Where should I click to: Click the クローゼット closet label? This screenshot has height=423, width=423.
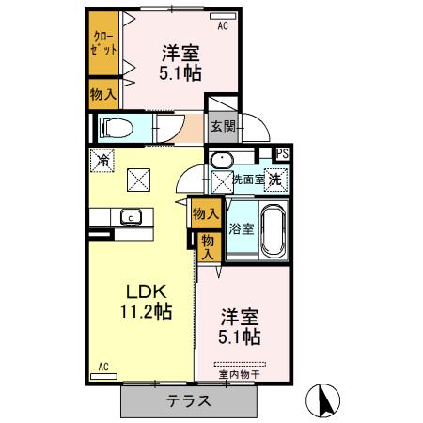tap(102, 44)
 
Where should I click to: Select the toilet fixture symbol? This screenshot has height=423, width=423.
tap(115, 127)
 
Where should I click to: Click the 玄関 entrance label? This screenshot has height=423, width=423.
tap(222, 125)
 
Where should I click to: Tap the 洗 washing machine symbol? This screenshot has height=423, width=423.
tap(275, 177)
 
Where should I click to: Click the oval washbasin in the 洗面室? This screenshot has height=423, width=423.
tap(221, 159)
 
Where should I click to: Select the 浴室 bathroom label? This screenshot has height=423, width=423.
tap(240, 227)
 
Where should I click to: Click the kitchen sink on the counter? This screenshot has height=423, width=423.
tap(131, 216)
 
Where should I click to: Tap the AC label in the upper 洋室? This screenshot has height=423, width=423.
tap(223, 26)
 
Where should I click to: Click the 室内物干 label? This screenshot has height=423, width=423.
tap(240, 374)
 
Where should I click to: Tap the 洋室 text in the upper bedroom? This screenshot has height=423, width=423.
tap(180, 55)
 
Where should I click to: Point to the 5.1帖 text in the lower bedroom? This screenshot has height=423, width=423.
tap(241, 336)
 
